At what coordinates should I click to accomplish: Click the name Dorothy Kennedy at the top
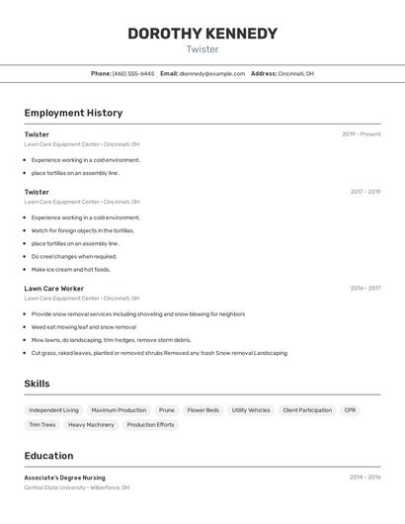pos(202,34)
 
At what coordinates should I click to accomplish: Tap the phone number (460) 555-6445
pos(133,73)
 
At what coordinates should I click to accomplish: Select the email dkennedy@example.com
pos(211,73)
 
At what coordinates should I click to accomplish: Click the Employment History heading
pos(73,113)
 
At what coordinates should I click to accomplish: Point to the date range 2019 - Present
pos(362,134)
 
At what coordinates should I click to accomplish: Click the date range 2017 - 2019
pos(365,192)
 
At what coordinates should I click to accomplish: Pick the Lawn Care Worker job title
pos(54,289)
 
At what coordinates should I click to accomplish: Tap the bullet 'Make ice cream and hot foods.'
pos(70,269)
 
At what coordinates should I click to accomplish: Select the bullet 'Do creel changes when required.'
pos(73,256)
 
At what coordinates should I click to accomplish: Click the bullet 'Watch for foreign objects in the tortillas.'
pos(82,230)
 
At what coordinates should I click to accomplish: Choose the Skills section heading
pos(37,384)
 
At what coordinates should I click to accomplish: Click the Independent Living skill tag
pos(53,410)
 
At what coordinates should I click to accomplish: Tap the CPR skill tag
pos(350,410)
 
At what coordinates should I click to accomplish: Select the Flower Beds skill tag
pos(203,410)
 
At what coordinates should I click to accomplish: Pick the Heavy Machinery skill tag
pos(91,425)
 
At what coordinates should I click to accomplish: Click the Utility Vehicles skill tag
pos(251,410)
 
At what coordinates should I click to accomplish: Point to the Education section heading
pos(48,456)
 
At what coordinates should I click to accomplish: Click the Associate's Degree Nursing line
pos(64,478)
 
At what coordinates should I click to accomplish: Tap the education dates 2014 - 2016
pos(365,478)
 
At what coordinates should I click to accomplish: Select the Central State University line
pos(76,487)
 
